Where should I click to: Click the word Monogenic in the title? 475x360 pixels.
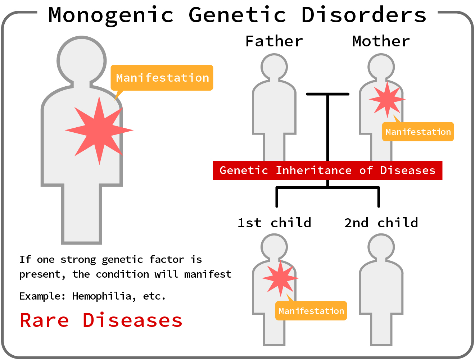pos(111,15)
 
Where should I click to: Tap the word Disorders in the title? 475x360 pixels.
pos(364,15)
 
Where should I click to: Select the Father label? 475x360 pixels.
pos(274,41)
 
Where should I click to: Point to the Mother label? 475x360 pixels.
pos(381,41)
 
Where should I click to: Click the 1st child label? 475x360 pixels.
pos(274,223)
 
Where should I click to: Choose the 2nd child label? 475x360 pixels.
pos(381,223)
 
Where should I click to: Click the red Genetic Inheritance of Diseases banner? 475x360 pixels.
pos(327,170)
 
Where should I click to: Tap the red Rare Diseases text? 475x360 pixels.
pos(101,320)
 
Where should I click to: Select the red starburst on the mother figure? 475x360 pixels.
pos(387,100)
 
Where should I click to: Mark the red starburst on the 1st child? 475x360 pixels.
pos(280,278)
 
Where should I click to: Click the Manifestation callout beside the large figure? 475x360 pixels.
pos(162,78)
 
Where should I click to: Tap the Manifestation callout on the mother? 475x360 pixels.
pos(418,132)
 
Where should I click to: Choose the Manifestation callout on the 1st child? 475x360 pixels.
pos(311,311)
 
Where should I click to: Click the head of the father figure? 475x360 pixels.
pos(274,67)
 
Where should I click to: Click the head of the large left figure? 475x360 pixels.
pos(82,60)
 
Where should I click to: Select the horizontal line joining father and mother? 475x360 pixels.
pos(327,94)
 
